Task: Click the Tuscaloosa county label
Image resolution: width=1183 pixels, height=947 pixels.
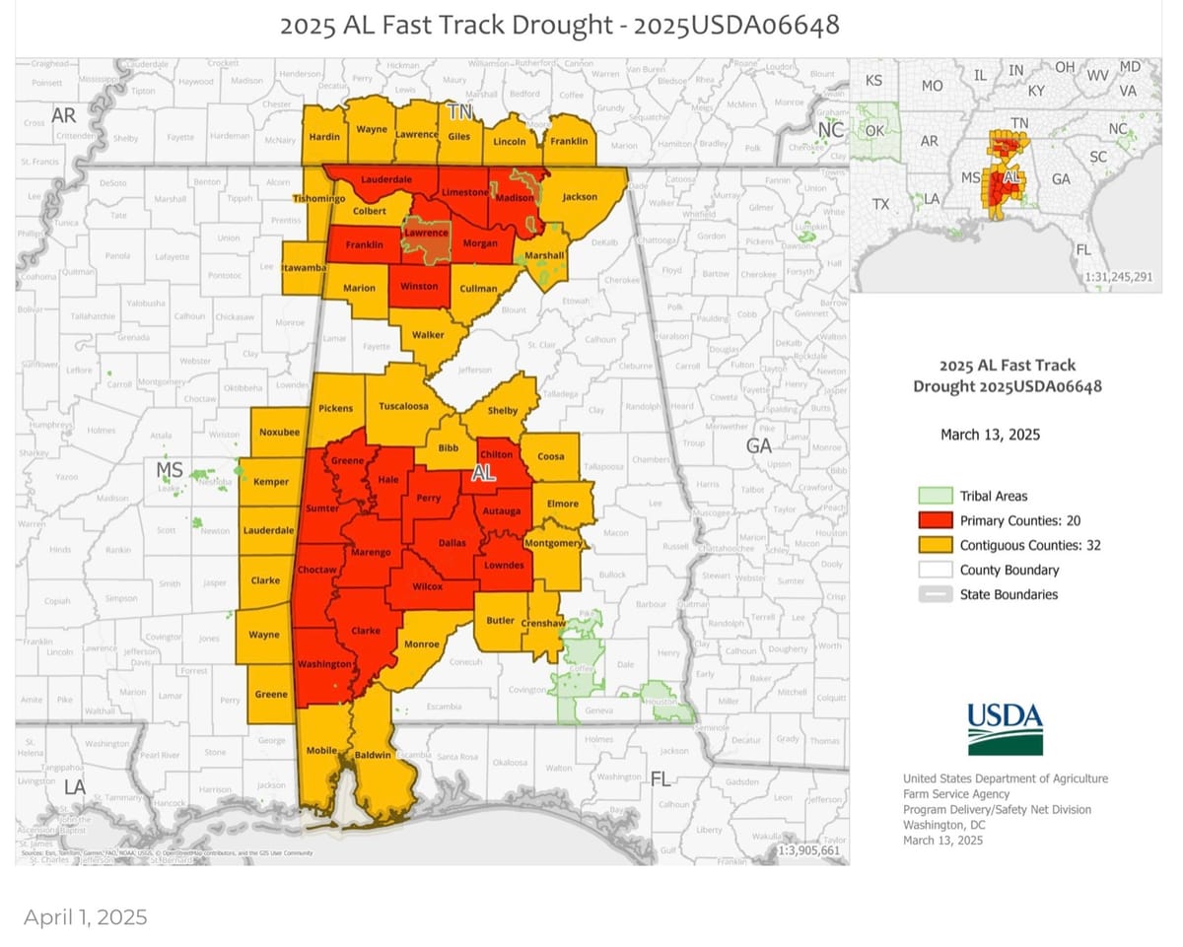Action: tap(404, 406)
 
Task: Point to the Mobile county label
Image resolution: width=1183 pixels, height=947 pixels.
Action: tap(321, 751)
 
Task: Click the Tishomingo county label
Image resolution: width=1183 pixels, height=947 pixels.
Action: tap(317, 199)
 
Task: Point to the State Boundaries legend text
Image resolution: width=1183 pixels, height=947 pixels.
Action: tap(1009, 594)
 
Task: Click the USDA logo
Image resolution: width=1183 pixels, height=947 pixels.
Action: tap(1005, 728)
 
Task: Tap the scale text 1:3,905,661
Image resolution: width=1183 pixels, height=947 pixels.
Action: tap(808, 850)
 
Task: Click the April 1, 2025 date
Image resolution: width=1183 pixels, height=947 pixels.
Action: tap(86, 917)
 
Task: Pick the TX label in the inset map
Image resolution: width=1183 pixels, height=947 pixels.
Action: tap(881, 204)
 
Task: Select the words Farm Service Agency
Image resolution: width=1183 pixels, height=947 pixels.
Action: tap(956, 794)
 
